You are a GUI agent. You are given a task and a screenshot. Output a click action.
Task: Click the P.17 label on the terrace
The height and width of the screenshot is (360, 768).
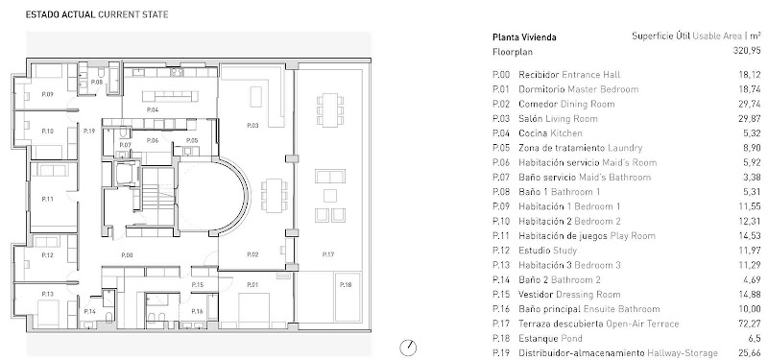[x=328, y=254]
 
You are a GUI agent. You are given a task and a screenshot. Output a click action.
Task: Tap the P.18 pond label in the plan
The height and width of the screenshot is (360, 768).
[x=346, y=285]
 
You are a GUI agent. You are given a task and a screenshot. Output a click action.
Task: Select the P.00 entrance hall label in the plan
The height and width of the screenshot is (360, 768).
[x=128, y=254]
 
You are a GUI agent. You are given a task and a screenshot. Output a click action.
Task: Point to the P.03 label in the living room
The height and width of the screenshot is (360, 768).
[x=252, y=126]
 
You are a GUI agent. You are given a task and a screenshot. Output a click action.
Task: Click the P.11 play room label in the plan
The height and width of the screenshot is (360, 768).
[x=47, y=199]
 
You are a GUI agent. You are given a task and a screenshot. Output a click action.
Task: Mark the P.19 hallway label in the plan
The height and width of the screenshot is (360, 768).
[x=89, y=131]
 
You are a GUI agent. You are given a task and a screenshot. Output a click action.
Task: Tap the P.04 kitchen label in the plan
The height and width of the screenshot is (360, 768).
[x=153, y=109]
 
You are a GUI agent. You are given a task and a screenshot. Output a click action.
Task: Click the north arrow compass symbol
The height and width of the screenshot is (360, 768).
[x=408, y=348]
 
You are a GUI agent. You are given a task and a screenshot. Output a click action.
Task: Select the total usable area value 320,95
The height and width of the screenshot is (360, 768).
[x=747, y=51]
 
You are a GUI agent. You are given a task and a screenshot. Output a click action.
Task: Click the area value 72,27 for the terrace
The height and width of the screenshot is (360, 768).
[x=750, y=324]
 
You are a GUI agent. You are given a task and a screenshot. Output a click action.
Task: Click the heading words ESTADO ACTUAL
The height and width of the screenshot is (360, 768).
[x=60, y=14]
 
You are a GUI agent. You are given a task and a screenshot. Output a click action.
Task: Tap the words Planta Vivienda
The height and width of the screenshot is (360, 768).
[x=524, y=37]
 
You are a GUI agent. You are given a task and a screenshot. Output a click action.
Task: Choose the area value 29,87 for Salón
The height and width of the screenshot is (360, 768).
[x=750, y=118]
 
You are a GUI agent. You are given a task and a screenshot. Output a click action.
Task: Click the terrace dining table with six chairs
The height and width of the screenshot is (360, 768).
[x=330, y=109]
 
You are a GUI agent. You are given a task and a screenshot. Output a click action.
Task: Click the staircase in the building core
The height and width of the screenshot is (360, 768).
[x=157, y=195]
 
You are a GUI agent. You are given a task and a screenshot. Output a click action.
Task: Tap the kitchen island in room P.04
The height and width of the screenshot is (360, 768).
[x=171, y=95]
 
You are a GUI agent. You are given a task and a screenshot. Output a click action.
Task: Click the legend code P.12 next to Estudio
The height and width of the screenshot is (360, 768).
[x=500, y=251]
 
